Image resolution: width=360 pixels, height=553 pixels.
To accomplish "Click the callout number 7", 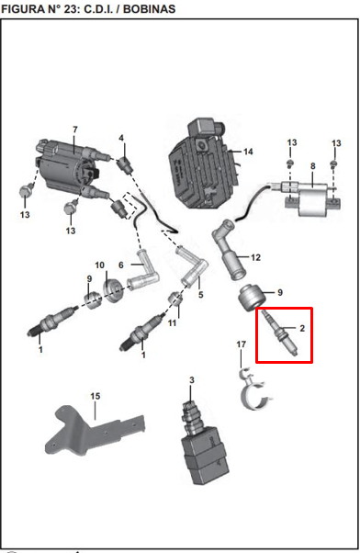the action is (74, 130).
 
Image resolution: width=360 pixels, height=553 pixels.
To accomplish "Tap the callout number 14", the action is (248, 152).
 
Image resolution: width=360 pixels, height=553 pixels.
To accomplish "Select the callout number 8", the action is (313, 165).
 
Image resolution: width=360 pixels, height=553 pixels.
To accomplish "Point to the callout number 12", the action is (255, 257).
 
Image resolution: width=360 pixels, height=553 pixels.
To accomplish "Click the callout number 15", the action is (96, 396).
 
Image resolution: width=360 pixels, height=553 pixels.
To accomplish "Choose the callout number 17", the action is (242, 344).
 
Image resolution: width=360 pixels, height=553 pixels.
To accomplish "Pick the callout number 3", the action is (191, 379).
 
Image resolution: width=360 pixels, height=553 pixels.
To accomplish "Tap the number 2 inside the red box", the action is (302, 328).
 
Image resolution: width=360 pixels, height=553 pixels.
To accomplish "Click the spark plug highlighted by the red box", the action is (279, 333).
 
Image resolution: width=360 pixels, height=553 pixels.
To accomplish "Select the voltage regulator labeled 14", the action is (204, 164).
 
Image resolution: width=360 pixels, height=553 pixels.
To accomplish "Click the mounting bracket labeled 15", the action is (96, 430).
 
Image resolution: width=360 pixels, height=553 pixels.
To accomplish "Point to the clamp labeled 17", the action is (254, 391).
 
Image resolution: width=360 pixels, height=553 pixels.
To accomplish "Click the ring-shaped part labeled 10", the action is (113, 290).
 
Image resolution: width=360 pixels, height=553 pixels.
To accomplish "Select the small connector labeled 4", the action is (126, 164).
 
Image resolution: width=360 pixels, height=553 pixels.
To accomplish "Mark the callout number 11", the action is (172, 322).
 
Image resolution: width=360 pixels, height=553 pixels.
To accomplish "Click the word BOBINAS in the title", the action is (149, 9).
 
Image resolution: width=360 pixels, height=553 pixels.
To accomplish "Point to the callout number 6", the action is (121, 265).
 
